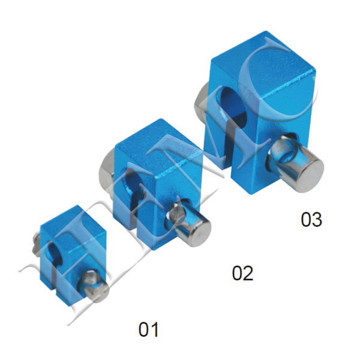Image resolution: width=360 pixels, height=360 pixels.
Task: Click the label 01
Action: pos(149,329)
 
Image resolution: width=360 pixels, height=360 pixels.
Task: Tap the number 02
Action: pos(242,274)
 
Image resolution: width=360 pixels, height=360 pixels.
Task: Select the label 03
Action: pos(311,220)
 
